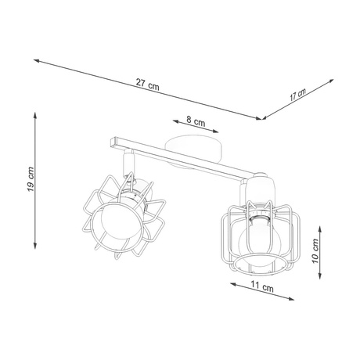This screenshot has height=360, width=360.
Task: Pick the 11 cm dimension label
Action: pyautogui.click(x=263, y=288)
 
